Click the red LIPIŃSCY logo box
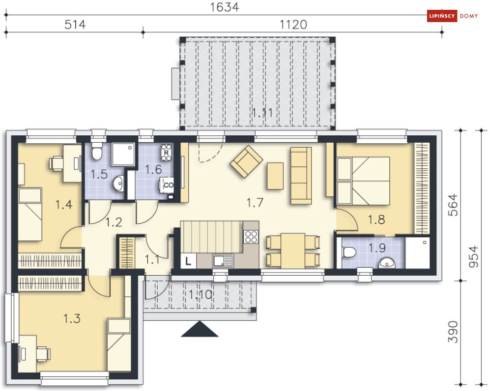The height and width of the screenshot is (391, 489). (442, 16)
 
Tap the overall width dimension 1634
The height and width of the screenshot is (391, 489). (225, 7)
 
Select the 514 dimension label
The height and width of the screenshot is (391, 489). (75, 24)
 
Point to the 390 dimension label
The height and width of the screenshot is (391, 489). (453, 332)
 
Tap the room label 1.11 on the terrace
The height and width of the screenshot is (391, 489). (262, 112)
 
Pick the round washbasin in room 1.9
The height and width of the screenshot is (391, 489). (387, 263)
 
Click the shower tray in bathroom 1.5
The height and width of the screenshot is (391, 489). (123, 155)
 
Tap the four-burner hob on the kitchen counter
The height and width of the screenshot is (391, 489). (251, 236)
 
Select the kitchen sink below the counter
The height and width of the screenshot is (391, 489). (223, 261)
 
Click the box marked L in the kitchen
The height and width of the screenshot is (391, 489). (188, 261)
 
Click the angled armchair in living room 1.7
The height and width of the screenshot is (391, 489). (246, 161)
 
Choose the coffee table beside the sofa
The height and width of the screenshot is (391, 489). (275, 176)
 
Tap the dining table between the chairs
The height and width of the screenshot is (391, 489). (293, 251)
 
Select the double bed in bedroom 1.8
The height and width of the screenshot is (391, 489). (363, 181)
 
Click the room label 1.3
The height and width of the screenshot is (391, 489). (72, 318)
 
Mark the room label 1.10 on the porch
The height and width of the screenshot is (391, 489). (201, 294)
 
